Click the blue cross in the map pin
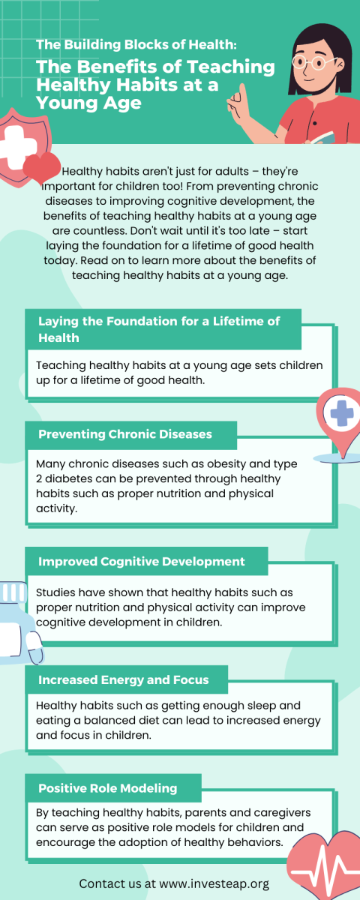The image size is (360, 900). (x=342, y=413)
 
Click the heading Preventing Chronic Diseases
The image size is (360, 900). (x=125, y=434)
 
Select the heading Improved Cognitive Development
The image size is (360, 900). (x=142, y=561)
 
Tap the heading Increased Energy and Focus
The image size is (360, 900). (x=123, y=679)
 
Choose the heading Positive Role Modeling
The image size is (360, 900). (x=108, y=788)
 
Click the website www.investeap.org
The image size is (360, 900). (x=214, y=883)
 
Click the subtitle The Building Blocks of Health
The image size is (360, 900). (x=136, y=44)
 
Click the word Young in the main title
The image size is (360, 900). (x=61, y=103)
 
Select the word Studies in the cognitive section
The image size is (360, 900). (x=55, y=592)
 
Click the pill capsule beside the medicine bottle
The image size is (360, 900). (x=34, y=647)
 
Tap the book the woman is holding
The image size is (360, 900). (x=322, y=138)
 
